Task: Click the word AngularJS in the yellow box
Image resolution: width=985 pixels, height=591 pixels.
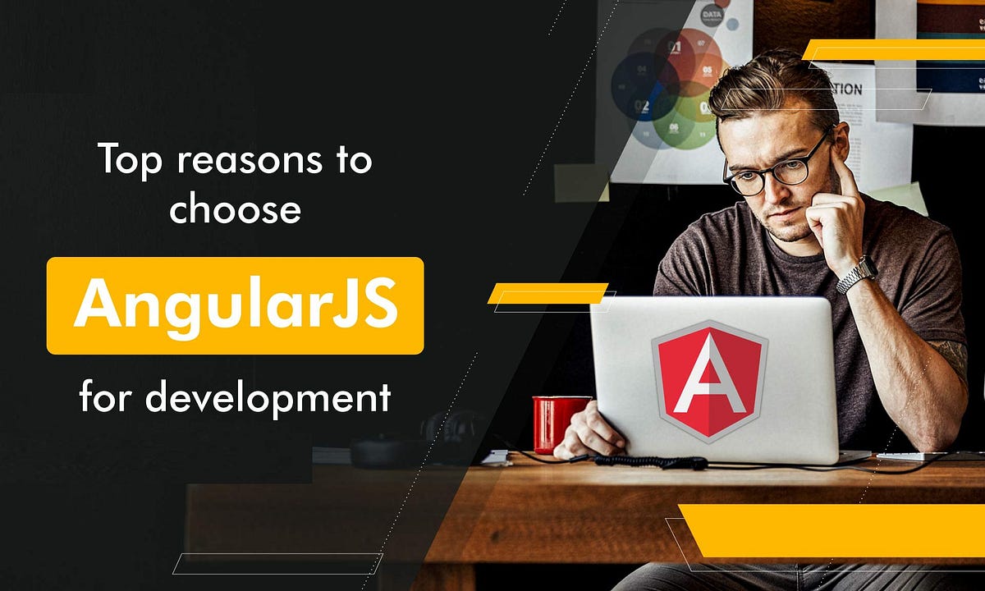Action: pyautogui.click(x=235, y=305)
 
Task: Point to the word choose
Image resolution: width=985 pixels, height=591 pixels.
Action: pyautogui.click(x=235, y=209)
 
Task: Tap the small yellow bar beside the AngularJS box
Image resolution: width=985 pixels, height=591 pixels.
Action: pyautogui.click(x=547, y=293)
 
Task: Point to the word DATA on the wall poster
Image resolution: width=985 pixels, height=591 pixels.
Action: pyautogui.click(x=711, y=16)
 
